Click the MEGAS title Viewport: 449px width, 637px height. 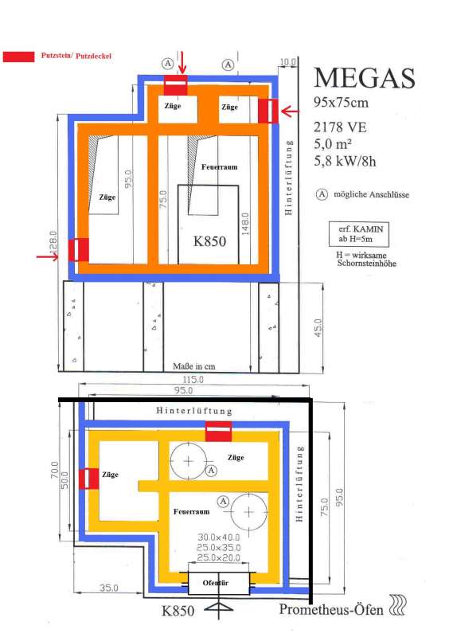click(365, 77)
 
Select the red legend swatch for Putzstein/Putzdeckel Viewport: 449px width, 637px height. click(18, 57)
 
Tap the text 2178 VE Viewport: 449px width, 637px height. click(340, 127)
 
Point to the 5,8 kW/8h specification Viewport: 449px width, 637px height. click(345, 162)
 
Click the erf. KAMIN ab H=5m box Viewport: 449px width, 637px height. click(359, 234)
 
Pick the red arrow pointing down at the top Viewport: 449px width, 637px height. click(182, 62)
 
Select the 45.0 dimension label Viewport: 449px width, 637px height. click(318, 328)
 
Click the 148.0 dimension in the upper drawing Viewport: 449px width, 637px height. click(245, 224)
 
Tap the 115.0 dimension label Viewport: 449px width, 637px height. click(193, 380)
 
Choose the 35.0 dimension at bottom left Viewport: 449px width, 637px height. click(109, 588)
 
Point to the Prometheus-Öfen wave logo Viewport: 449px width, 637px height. click(398, 605)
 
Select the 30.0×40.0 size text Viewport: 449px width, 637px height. click(219, 537)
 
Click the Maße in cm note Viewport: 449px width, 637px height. click(193, 366)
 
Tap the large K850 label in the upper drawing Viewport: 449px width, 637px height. click(209, 241)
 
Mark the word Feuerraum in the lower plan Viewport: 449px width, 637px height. click(191, 512)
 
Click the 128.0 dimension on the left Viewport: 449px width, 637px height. click(53, 243)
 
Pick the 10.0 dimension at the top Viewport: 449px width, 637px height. click(287, 62)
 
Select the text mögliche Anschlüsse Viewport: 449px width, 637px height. click(372, 194)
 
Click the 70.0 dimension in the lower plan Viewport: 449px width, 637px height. click(54, 470)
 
